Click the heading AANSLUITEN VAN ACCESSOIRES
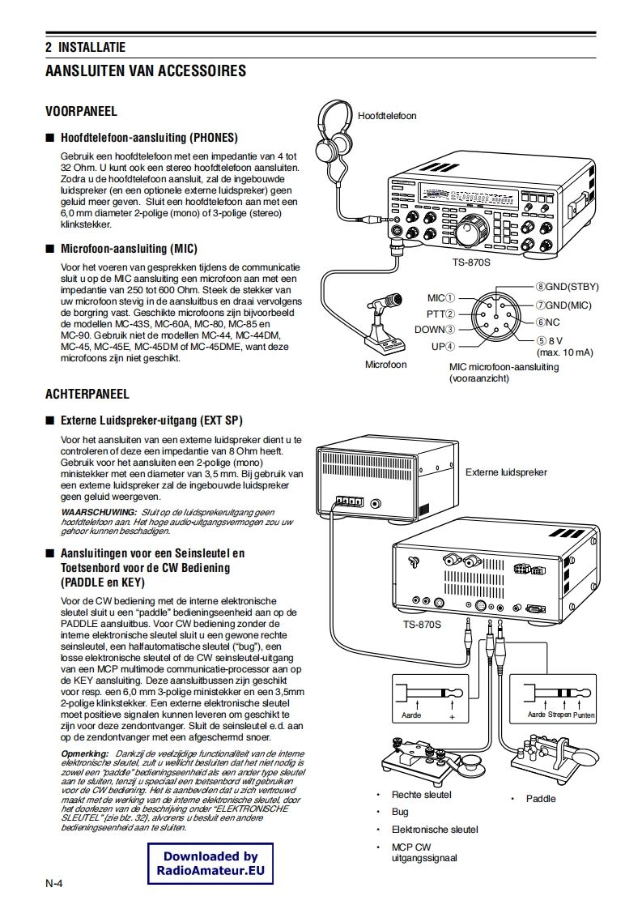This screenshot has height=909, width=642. (146, 71)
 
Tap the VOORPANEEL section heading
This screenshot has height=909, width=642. (81, 111)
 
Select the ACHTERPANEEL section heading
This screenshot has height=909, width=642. (87, 395)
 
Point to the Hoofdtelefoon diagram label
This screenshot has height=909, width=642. (387, 116)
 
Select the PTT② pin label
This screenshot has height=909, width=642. (440, 314)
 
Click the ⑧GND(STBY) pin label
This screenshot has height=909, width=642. (566, 287)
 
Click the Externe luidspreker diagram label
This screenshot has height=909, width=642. (506, 472)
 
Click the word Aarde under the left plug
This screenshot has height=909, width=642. (411, 716)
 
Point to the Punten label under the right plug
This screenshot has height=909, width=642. (584, 715)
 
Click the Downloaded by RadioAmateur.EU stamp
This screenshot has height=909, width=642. (210, 864)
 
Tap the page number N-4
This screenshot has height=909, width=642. (55, 883)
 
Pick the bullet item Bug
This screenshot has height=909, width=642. (400, 812)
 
